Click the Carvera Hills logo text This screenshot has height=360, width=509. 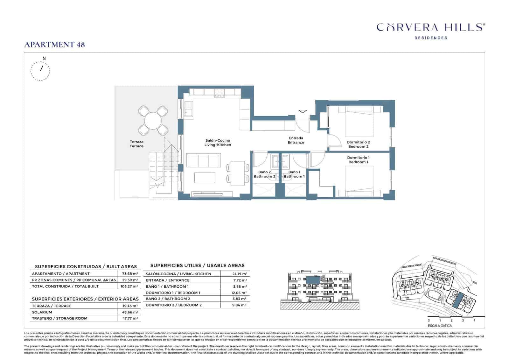coord(430,27)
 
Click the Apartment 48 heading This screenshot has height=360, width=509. coord(55,45)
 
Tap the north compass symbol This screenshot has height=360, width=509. coord(40,70)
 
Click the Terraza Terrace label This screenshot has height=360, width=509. coord(136,144)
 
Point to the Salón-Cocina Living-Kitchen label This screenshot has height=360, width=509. coord(218,143)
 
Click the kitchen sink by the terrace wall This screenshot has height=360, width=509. coord(188,112)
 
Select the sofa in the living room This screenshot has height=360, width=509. coord(204,160)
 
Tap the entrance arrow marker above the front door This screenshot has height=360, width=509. coord(303,111)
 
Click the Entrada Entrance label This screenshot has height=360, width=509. coord(296,140)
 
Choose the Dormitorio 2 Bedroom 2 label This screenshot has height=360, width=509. coord(358,145)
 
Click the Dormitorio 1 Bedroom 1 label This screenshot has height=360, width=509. coord(358,160)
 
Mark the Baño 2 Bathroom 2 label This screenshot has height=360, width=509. coord(264,174)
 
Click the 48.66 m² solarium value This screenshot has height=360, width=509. coord(130,312)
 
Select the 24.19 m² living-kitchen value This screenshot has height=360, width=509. coord(240,274)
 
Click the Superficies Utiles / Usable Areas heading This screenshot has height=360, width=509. coord(197,265)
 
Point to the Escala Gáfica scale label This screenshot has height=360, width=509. coord(440,326)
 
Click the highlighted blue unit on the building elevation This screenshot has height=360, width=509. coord(313,280)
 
